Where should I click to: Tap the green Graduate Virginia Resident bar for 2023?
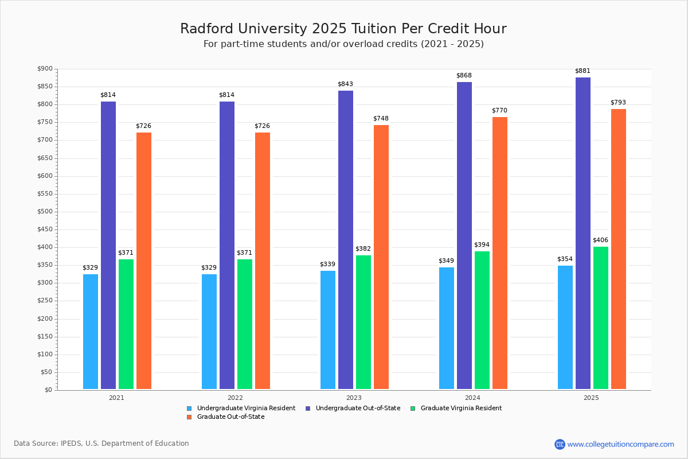click(363, 322)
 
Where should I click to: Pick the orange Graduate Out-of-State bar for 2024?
click(500, 253)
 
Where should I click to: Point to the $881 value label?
click(583, 71)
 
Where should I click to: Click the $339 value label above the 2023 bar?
click(327, 264)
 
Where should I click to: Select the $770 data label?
click(499, 110)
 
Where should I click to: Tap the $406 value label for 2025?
click(600, 240)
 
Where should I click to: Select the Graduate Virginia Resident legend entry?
click(460, 408)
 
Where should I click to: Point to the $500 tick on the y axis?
click(44, 212)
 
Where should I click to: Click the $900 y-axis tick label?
click(44, 69)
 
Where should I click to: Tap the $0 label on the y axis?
click(48, 390)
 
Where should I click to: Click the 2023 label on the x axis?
click(354, 397)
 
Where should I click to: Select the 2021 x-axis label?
click(116, 397)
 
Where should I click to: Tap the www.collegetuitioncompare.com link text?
click(620, 444)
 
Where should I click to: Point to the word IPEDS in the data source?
click(72, 444)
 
